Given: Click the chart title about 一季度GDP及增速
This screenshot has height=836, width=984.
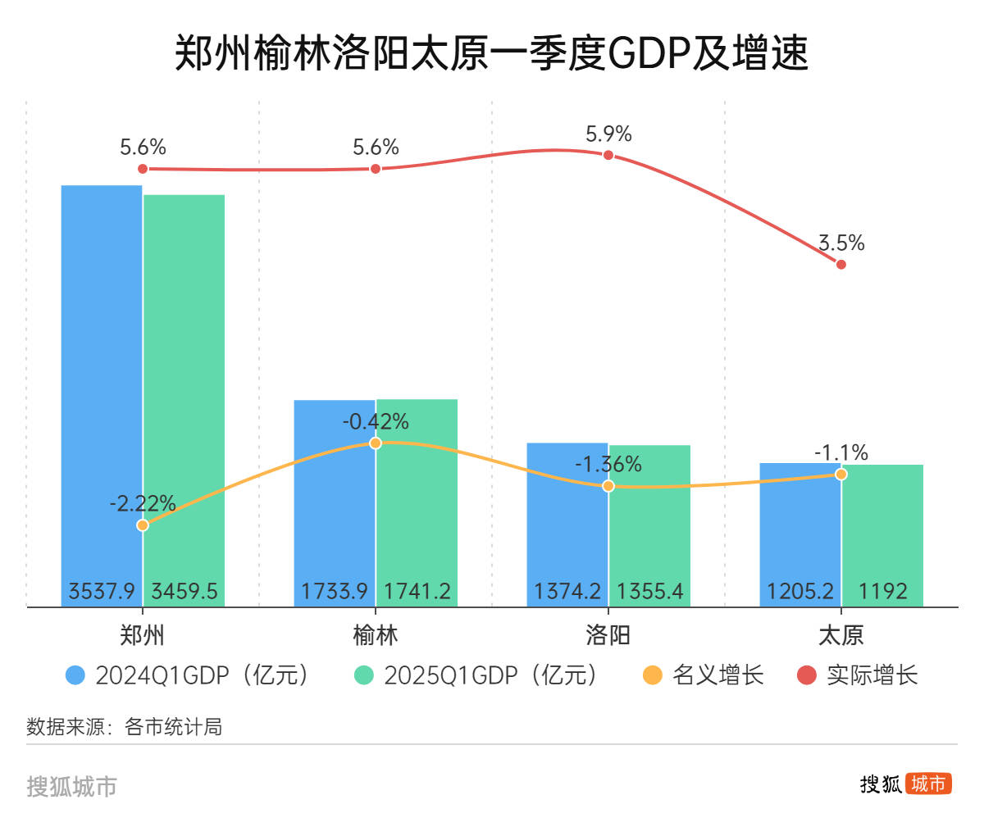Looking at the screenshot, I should pyautogui.click(x=492, y=53).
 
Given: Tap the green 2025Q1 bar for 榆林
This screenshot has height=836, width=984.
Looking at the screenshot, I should pyautogui.click(x=417, y=500).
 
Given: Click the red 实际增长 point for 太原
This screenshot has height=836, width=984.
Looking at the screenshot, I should pyautogui.click(x=840, y=264).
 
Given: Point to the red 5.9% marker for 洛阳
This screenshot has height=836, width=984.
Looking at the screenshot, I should pyautogui.click(x=608, y=154).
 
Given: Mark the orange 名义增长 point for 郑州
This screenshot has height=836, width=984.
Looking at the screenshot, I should pyautogui.click(x=143, y=525).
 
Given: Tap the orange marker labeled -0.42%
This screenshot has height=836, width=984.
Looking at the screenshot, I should pyautogui.click(x=376, y=443).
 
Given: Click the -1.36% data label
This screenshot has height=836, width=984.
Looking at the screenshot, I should pyautogui.click(x=608, y=465).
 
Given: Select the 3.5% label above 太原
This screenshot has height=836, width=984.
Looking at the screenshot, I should pyautogui.click(x=840, y=243).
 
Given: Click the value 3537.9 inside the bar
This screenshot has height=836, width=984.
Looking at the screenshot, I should pyautogui.click(x=102, y=591).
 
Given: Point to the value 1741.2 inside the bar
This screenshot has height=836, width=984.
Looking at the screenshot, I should pyautogui.click(x=417, y=591).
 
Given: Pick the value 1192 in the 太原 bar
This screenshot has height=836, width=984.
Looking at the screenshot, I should pyautogui.click(x=882, y=591).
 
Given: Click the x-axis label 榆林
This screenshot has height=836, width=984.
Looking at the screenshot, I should pyautogui.click(x=376, y=635).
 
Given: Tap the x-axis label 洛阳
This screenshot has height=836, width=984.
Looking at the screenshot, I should pyautogui.click(x=608, y=635).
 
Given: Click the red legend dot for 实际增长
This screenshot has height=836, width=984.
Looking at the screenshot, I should pyautogui.click(x=807, y=675).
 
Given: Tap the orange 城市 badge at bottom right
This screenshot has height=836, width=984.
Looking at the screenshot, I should pyautogui.click(x=928, y=784).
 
